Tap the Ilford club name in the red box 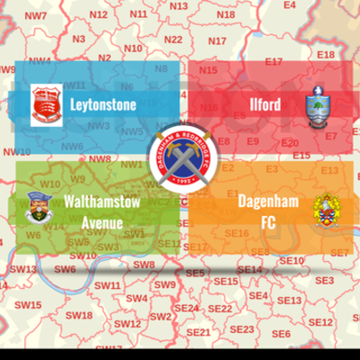(x=265, y=105)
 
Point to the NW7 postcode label (x=37, y=16)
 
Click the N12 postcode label (x=99, y=15)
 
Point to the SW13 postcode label (x=24, y=269)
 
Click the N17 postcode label (x=217, y=41)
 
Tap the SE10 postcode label (x=292, y=261)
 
